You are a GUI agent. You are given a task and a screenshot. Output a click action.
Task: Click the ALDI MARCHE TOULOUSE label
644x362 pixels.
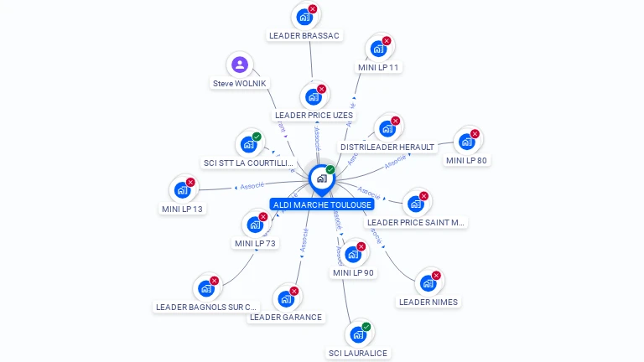(x=322, y=204)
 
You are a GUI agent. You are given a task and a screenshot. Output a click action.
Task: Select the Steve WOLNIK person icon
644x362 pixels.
(x=240, y=65)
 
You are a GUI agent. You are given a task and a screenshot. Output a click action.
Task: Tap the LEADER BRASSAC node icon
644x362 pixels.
(x=304, y=16)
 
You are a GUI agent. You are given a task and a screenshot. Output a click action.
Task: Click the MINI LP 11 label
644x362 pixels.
(x=378, y=67)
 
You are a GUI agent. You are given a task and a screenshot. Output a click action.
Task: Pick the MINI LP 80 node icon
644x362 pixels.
(x=466, y=142)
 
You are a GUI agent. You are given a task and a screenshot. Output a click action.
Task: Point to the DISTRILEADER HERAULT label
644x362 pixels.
(x=387, y=147)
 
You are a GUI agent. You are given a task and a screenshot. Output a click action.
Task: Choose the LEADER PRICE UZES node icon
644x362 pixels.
(x=314, y=96)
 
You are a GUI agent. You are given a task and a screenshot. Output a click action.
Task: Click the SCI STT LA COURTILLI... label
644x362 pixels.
(x=249, y=163)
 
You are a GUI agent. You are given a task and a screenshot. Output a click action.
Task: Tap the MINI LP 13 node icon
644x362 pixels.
(x=182, y=190)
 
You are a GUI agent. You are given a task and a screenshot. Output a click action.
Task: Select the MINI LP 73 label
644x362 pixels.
(x=256, y=244)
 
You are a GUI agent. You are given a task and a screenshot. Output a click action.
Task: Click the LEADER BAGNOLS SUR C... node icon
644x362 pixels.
(x=205, y=288)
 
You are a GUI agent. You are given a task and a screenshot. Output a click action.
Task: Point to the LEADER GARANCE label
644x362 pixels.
(x=286, y=318)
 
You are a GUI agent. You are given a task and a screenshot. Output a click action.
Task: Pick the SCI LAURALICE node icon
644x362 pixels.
(x=358, y=334)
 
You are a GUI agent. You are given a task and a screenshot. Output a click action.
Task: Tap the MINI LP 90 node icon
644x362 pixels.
(x=353, y=255)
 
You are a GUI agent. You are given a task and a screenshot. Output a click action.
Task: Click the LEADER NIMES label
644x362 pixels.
(x=428, y=302)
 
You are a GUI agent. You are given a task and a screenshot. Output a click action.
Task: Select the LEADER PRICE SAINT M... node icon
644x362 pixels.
(x=415, y=204)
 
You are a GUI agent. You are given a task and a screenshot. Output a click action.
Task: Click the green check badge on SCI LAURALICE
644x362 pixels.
(x=366, y=327)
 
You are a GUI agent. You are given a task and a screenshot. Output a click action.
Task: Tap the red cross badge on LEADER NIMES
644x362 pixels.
(x=436, y=276)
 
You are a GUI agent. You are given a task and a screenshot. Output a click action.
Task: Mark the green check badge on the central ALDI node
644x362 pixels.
(x=330, y=170)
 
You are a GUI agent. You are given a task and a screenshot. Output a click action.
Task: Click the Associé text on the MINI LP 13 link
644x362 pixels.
(x=252, y=185)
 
